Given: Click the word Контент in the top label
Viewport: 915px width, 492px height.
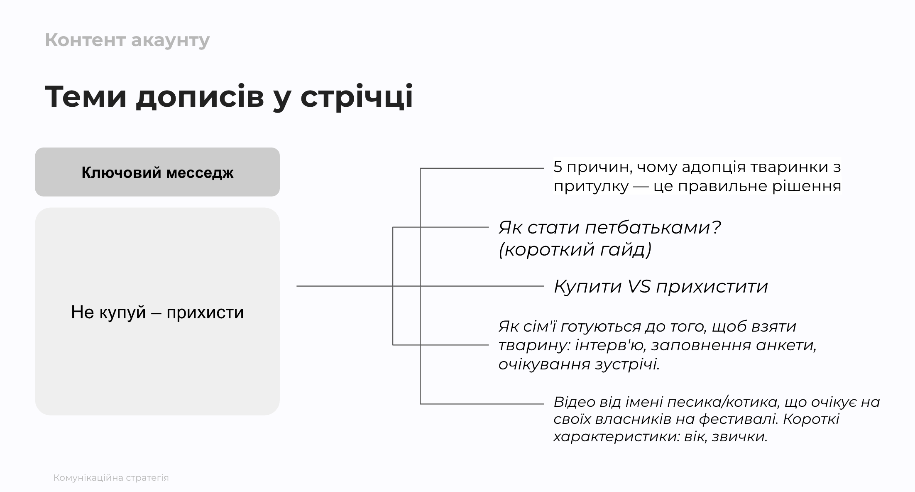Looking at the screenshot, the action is pos(85,40).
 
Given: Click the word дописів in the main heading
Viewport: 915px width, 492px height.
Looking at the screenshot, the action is pos(200,97).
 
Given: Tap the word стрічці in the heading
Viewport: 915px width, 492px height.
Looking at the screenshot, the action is pos(357,97).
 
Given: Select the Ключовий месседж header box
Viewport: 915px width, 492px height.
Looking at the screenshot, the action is pos(157,172).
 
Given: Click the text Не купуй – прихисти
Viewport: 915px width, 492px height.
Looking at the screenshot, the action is pos(157,312).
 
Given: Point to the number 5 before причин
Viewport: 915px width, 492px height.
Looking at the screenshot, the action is pos(558,167).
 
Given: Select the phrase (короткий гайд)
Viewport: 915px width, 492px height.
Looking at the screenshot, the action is pos(575,250).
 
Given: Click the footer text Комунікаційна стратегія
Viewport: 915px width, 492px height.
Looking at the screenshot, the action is pos(111,478).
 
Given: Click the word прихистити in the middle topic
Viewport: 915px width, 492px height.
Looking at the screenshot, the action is pos(712,287).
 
